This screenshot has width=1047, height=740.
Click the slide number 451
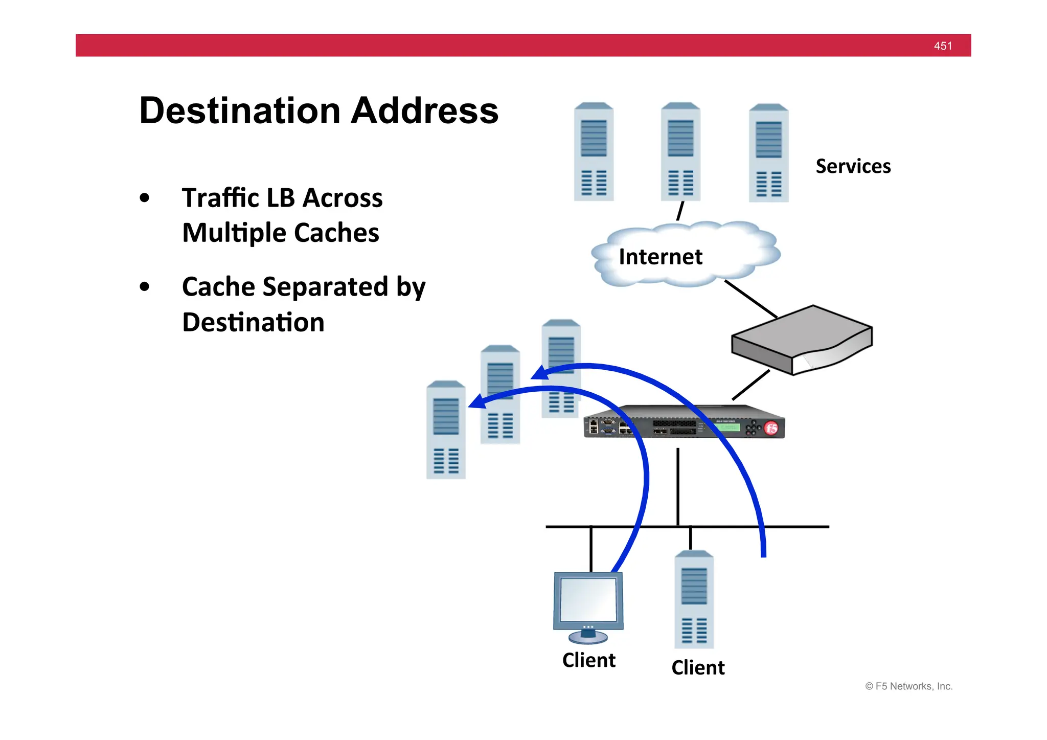pos(942,46)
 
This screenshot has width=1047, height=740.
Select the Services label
pos(853,166)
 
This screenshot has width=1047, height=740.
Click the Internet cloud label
pos(661,257)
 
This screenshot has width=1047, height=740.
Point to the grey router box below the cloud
pos(801,339)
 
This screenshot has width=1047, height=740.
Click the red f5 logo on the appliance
pos(771,428)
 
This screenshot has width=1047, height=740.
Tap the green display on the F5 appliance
pos(727,427)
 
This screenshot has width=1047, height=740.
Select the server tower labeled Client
pos(694,599)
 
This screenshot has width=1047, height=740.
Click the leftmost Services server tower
pos(594,151)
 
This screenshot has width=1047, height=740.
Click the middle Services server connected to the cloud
pos(680,151)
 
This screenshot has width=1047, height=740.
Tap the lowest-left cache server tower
pos(446,430)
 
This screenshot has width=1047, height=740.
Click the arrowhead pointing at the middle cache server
pos(540,373)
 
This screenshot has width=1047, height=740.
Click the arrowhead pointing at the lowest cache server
pos(477,401)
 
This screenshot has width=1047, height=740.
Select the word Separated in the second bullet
pos(325,287)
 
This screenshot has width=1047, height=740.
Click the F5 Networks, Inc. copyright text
pos(908,686)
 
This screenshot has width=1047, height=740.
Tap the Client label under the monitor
pos(588,660)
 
